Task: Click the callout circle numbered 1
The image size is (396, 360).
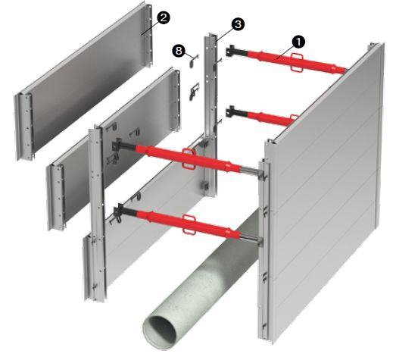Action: (x=298, y=42)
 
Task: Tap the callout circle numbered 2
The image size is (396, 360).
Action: (x=163, y=17)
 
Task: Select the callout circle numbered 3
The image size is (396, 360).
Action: (x=238, y=24)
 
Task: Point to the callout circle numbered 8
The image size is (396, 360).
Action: (x=179, y=51)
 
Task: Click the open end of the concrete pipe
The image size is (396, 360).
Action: (x=159, y=333)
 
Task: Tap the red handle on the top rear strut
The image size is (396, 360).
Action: (x=296, y=62)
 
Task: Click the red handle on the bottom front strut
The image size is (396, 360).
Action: (x=189, y=224)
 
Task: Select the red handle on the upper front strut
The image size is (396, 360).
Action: (x=189, y=158)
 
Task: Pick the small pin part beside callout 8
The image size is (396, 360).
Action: (x=193, y=61)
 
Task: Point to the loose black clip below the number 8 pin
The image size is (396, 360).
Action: (x=194, y=91)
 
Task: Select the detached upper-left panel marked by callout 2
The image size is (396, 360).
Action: (x=83, y=81)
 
